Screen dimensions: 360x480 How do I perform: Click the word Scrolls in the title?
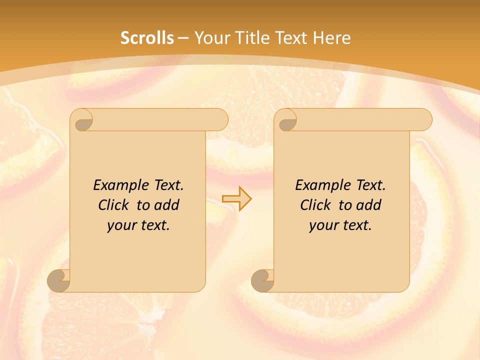pyautogui.click(x=147, y=38)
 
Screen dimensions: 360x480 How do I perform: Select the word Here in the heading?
pyautogui.click(x=331, y=38)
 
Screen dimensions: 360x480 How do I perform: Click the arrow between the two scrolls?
pyautogui.click(x=236, y=198)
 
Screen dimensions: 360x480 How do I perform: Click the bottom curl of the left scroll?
pyautogui.click(x=58, y=280)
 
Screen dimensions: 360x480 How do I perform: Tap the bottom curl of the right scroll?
pyautogui.click(x=262, y=280)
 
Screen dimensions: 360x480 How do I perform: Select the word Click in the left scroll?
pyautogui.click(x=113, y=205)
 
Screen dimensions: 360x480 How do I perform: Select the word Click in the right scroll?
pyautogui.click(x=315, y=205)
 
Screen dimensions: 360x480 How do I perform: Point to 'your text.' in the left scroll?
pyautogui.click(x=138, y=225)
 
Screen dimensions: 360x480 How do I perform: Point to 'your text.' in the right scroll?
pyautogui.click(x=340, y=225)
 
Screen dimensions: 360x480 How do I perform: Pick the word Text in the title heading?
pyautogui.click(x=292, y=38)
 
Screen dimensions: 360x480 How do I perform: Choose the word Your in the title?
pyautogui.click(x=210, y=38)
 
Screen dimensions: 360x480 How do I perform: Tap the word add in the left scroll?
pyautogui.click(x=167, y=205)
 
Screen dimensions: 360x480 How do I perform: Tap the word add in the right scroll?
pyautogui.click(x=369, y=205)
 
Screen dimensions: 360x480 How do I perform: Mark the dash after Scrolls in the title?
pyautogui.click(x=183, y=38)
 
